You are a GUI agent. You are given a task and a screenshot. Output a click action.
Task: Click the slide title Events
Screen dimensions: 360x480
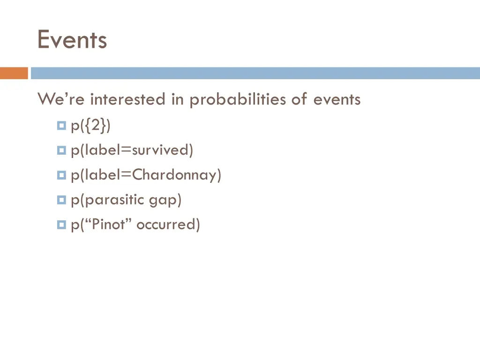click(72, 40)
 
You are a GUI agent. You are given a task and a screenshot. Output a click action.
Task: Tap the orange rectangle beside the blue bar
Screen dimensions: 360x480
click(14, 73)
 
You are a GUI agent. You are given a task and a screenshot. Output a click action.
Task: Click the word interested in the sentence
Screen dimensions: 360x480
click(128, 99)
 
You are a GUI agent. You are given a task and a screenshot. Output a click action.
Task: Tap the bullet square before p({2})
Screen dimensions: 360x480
click(61, 126)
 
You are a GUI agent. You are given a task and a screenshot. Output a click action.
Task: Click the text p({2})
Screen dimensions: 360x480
click(90, 126)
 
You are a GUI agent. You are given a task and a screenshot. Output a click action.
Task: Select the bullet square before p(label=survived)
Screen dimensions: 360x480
click(61, 150)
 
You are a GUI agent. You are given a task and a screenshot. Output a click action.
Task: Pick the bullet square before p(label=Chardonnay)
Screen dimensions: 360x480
click(61, 175)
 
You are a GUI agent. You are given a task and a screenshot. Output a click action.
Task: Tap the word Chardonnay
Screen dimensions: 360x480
click(173, 175)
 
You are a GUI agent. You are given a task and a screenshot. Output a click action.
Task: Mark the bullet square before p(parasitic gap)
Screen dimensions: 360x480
click(61, 200)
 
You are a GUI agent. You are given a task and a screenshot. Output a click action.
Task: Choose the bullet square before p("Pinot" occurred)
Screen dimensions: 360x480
click(61, 225)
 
